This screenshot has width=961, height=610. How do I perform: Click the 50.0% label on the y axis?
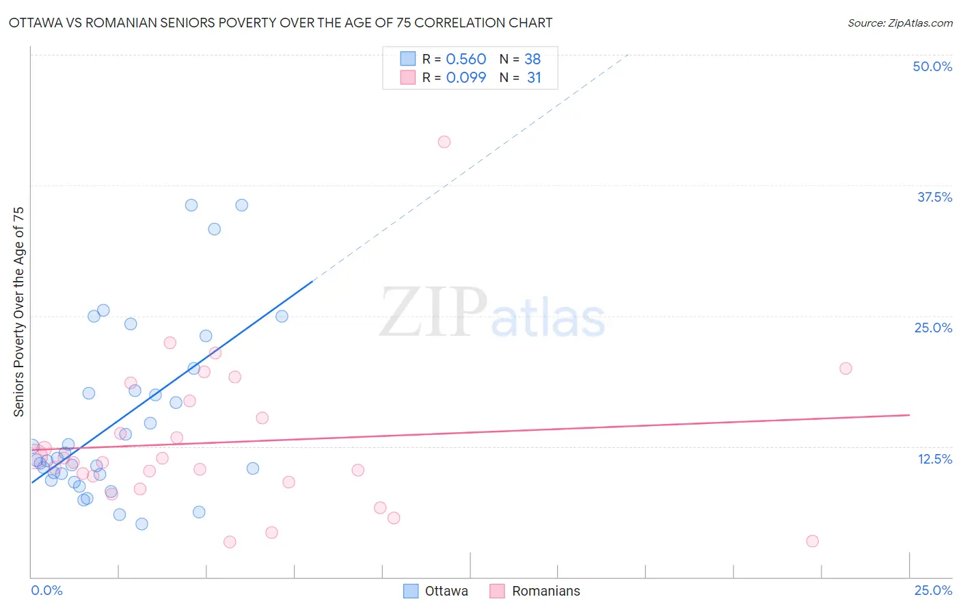click(932, 66)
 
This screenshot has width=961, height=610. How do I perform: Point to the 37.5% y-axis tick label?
click(934, 197)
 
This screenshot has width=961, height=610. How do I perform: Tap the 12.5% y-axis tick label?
click(934, 459)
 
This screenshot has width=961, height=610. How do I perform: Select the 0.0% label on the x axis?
click(46, 590)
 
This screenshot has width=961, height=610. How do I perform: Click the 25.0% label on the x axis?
click(933, 590)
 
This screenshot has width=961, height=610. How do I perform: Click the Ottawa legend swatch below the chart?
click(411, 591)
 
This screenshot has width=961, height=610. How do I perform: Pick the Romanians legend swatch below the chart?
click(498, 591)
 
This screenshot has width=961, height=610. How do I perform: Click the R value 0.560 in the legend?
click(465, 59)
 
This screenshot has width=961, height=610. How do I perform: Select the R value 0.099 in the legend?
click(465, 77)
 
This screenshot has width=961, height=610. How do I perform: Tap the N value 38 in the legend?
click(532, 59)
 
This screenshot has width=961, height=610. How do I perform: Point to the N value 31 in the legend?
click(534, 77)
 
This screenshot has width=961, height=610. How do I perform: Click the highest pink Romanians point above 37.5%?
click(444, 142)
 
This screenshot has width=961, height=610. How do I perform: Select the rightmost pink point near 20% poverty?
click(845, 368)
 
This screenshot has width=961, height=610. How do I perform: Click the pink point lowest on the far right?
click(813, 541)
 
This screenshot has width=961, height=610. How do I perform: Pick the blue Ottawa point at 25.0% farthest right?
click(282, 316)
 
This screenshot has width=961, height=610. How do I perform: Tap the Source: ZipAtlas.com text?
click(899, 23)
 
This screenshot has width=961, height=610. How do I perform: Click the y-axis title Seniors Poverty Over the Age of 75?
click(18, 311)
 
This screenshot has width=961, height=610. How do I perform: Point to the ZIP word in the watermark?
click(433, 313)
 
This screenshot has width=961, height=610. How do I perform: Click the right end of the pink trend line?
click(909, 414)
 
